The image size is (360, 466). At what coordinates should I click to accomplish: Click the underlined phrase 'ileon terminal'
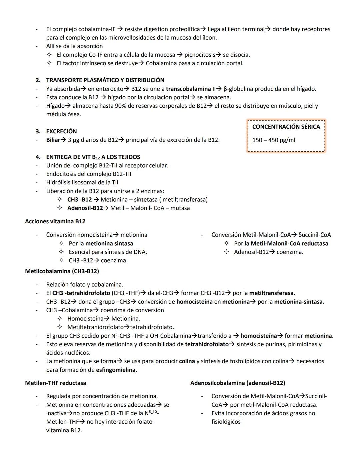click(x=246, y=29)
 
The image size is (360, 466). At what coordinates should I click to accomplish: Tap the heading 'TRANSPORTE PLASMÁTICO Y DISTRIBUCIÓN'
click(x=105, y=80)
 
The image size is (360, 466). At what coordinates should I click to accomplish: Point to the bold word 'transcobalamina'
click(x=188, y=89)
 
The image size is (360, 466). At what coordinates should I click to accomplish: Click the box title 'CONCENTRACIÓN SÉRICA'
click(x=286, y=127)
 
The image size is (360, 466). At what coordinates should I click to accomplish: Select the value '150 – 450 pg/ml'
click(x=274, y=140)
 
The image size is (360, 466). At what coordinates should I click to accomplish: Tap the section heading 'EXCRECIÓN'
click(x=61, y=131)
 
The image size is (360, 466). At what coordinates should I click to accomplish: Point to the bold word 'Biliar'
click(x=53, y=140)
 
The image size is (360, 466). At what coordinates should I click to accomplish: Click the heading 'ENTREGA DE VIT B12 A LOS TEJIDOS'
click(x=93, y=157)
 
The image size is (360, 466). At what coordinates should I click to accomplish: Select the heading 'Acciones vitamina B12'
click(x=55, y=221)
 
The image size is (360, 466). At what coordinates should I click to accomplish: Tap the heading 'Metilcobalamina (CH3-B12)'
click(x=62, y=271)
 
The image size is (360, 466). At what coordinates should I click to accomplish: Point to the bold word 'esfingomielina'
click(x=116, y=370)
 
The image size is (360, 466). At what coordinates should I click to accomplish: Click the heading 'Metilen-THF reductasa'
click(x=55, y=383)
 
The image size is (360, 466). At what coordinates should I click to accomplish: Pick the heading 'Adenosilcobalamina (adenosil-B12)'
click(x=238, y=383)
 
